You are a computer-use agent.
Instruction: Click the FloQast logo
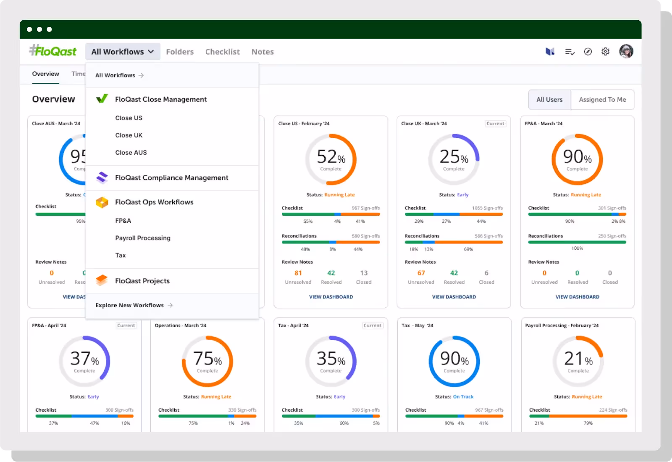[x=53, y=51]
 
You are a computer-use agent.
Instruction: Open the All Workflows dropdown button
[x=123, y=52]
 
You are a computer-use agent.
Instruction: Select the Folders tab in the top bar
[x=180, y=52]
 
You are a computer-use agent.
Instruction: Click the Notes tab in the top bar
[x=262, y=52]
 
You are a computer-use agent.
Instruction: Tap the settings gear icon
[x=605, y=51]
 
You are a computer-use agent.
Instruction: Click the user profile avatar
[x=626, y=51]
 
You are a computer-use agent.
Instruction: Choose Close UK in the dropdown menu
[x=129, y=135]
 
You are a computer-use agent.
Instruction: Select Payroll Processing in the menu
[x=143, y=238]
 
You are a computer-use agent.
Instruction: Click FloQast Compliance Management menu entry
[x=171, y=178]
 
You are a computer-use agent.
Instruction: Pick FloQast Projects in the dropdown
[x=142, y=281]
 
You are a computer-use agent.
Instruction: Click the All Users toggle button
[x=549, y=100]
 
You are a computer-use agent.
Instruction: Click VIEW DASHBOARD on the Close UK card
[x=454, y=297]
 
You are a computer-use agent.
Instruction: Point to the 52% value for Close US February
[x=331, y=157]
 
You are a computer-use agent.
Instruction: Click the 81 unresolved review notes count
[x=298, y=273]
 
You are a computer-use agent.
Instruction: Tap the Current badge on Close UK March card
[x=495, y=124]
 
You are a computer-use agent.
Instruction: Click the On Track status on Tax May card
[x=463, y=397]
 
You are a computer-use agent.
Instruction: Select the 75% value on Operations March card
[x=207, y=359]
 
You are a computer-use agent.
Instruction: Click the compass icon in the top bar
[x=588, y=51]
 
